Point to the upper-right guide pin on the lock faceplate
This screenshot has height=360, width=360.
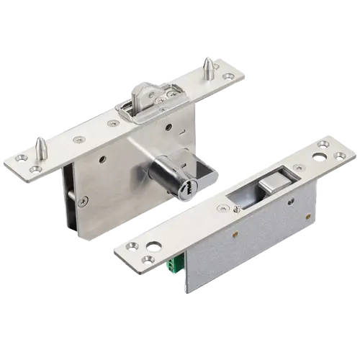point(207,68)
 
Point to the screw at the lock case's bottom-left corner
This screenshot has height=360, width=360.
point(84,201)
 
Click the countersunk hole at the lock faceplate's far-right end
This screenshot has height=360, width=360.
point(229,76)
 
